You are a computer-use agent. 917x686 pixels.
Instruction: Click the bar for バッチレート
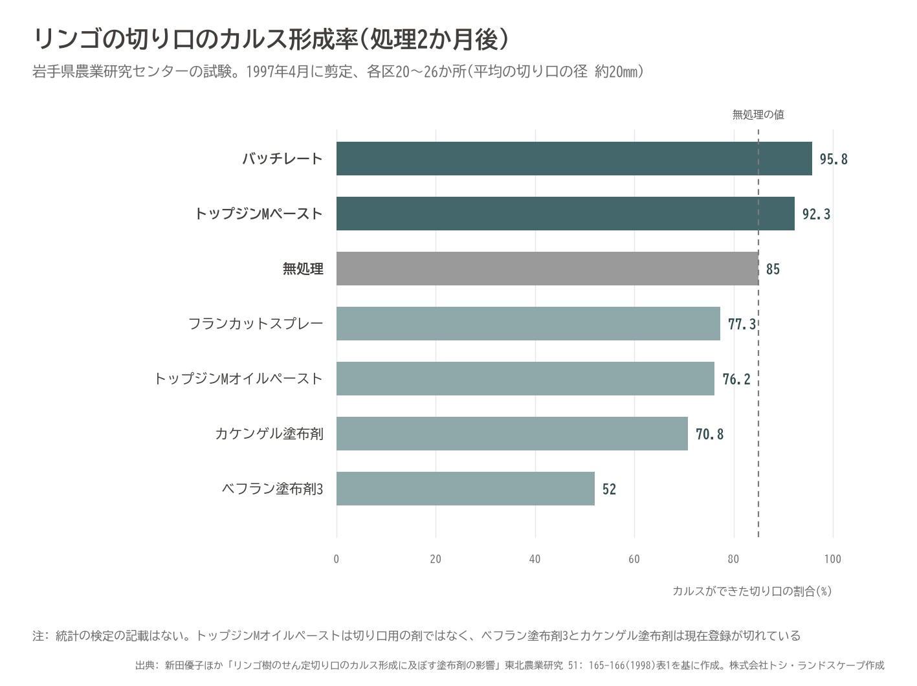(574, 159)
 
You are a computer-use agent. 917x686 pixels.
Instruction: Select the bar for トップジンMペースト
(565, 214)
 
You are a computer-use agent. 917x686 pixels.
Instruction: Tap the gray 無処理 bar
(547, 269)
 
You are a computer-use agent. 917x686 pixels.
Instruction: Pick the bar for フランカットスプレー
(528, 324)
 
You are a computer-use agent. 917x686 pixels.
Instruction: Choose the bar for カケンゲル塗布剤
(512, 434)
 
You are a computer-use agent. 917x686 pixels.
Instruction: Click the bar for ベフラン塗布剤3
(465, 489)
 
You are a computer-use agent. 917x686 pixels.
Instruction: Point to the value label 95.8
(834, 159)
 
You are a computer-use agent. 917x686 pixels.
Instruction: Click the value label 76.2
(736, 379)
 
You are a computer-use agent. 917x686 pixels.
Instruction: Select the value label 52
(609, 489)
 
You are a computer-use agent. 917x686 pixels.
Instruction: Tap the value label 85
(773, 269)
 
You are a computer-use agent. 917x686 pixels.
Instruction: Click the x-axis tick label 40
(535, 559)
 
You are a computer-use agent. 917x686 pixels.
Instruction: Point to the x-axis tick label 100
(833, 559)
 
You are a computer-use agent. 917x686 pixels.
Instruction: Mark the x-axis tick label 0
(337, 559)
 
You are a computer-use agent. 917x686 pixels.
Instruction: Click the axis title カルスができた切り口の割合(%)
(752, 591)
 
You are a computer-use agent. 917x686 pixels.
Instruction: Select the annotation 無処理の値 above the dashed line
(758, 115)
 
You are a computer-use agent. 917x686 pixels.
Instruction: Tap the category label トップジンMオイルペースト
(239, 379)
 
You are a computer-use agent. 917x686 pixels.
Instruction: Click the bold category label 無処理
(303, 269)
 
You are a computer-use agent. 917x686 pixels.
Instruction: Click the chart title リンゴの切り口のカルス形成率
(195, 39)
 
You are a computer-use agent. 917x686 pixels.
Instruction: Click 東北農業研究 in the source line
(534, 665)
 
